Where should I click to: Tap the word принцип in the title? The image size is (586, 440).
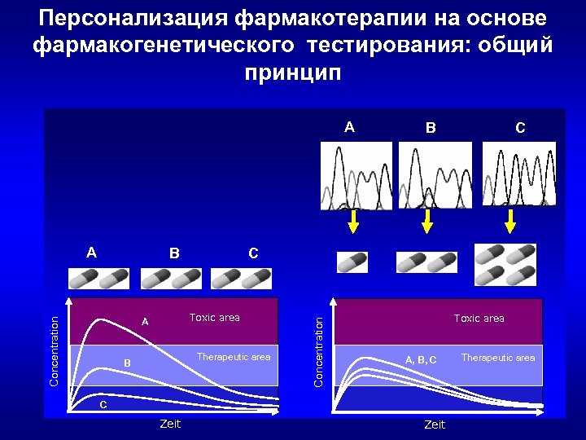click(x=293, y=72)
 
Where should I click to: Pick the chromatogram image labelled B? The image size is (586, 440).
click(x=435, y=176)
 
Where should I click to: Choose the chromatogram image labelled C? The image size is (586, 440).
click(x=519, y=176)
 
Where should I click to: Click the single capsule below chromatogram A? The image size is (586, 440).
click(x=352, y=262)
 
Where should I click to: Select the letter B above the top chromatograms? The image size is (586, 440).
click(x=431, y=128)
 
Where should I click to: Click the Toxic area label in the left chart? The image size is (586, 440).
click(x=214, y=318)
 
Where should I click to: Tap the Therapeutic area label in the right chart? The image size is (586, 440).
click(x=498, y=358)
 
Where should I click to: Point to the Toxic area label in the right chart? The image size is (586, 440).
click(x=479, y=319)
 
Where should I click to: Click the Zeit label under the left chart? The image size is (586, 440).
click(x=170, y=424)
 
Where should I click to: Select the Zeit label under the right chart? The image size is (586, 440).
click(x=435, y=425)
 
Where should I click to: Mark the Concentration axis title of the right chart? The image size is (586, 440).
click(x=319, y=352)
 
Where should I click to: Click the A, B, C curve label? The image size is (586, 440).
click(x=421, y=359)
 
